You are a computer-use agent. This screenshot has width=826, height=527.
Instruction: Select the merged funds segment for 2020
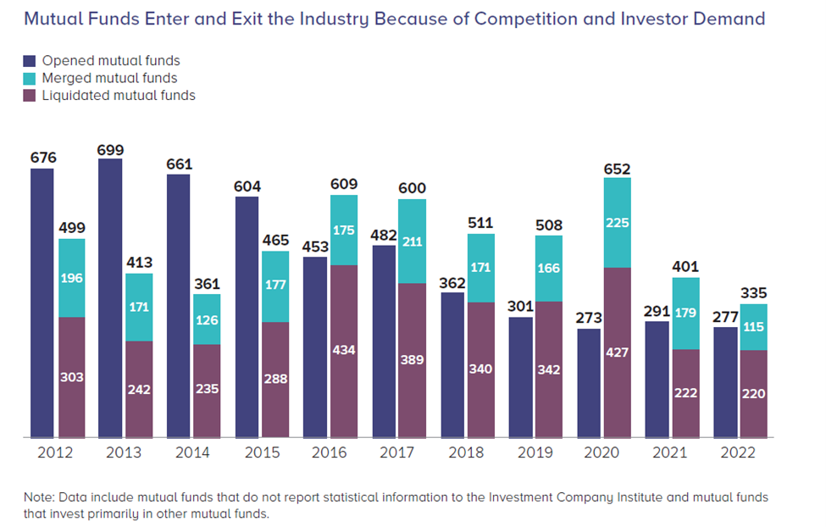pyautogui.click(x=617, y=222)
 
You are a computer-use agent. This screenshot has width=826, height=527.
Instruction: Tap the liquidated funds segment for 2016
pyautogui.click(x=343, y=352)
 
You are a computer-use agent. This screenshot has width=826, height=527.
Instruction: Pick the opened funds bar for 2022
pyautogui.click(x=725, y=382)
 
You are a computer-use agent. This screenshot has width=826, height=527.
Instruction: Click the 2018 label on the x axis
pyautogui.click(x=465, y=452)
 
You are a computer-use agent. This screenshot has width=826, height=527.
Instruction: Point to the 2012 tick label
pyautogui.click(x=55, y=452)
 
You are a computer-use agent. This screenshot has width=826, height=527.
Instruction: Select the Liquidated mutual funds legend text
pyautogui.click(x=119, y=96)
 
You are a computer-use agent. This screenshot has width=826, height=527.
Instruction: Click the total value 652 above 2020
pyautogui.click(x=617, y=169)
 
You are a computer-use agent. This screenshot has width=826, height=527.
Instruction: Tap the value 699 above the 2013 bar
pyautogui.click(x=110, y=150)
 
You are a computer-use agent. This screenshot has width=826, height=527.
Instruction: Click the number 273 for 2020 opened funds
pyautogui.click(x=588, y=319)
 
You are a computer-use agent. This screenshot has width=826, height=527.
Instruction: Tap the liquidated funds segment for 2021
pyautogui.click(x=685, y=393)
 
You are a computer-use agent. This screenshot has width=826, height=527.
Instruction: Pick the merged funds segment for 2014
pyautogui.click(x=207, y=319)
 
